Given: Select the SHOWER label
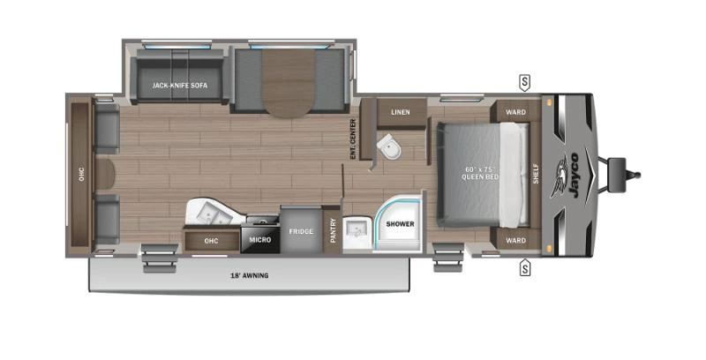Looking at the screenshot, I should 399,224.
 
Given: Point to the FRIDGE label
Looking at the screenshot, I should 301,231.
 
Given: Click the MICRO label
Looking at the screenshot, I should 260,239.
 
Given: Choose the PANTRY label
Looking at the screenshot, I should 333,230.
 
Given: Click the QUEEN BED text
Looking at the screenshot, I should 481,174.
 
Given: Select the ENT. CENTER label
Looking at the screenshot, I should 352,139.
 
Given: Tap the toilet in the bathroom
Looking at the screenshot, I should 387,149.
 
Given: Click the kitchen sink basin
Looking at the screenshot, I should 209,212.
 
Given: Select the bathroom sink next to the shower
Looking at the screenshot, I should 357,228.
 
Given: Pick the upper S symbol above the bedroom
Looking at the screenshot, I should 524,83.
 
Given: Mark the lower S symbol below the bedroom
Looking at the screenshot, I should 524,266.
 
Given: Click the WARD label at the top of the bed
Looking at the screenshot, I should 515,112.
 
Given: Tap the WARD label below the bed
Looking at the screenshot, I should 515,239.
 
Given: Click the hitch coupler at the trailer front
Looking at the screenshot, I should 618,167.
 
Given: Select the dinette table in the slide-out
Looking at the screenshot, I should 288,82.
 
